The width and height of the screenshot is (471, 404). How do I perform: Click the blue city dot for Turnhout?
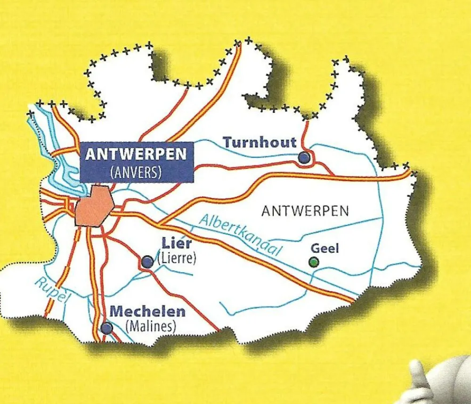click(x=305, y=157)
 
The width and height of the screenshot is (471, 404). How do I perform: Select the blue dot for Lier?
click(x=147, y=262)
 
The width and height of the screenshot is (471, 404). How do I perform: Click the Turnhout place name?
click(x=260, y=142)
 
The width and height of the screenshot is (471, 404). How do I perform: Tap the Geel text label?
click(x=325, y=249)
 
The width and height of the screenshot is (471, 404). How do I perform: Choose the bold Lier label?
click(x=177, y=243)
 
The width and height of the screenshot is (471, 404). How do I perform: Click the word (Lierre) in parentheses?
click(x=177, y=258)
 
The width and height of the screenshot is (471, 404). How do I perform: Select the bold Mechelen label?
click(x=147, y=312)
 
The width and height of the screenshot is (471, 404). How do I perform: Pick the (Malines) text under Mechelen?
click(x=151, y=326)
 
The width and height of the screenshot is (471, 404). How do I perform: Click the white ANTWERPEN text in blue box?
click(x=137, y=154)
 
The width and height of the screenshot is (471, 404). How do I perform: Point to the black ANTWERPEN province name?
click(x=305, y=210)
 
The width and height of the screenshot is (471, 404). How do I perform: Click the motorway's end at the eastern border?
click(x=409, y=174)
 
